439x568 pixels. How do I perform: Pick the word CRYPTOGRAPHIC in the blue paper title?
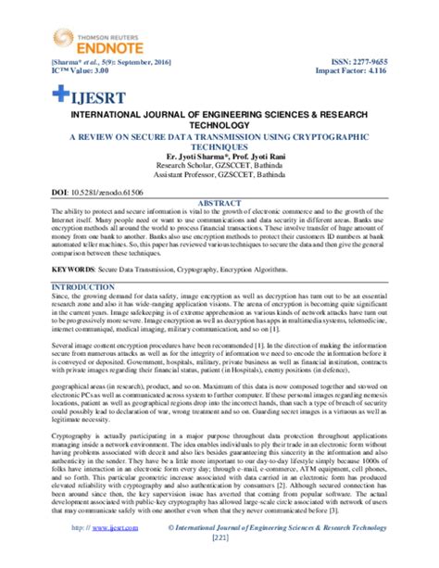click(333, 134)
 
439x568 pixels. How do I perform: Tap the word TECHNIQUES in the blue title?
click(219, 145)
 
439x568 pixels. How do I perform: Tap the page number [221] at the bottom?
click(219, 562)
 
